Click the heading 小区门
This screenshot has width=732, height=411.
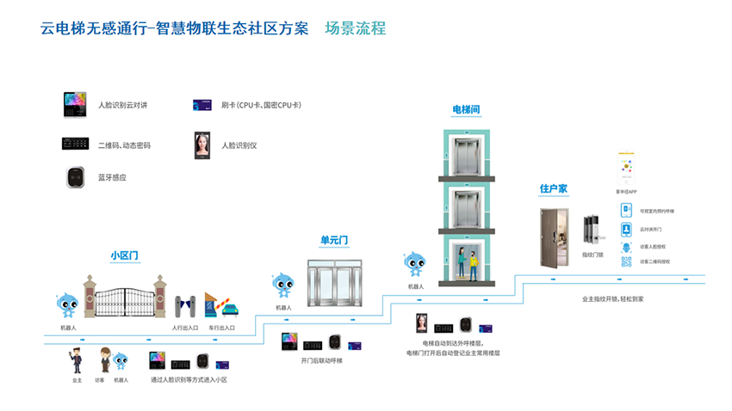[125, 255]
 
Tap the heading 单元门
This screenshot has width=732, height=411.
[334, 240]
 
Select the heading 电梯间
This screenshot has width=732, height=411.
[466, 110]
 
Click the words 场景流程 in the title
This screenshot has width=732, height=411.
[356, 28]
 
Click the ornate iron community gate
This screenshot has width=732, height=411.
[124, 298]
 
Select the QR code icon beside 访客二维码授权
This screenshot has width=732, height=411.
[626, 261]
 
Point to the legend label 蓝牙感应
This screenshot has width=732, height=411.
[112, 177]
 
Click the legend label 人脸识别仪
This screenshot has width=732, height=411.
[239, 145]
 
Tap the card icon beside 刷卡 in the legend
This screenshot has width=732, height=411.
[203, 106]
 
